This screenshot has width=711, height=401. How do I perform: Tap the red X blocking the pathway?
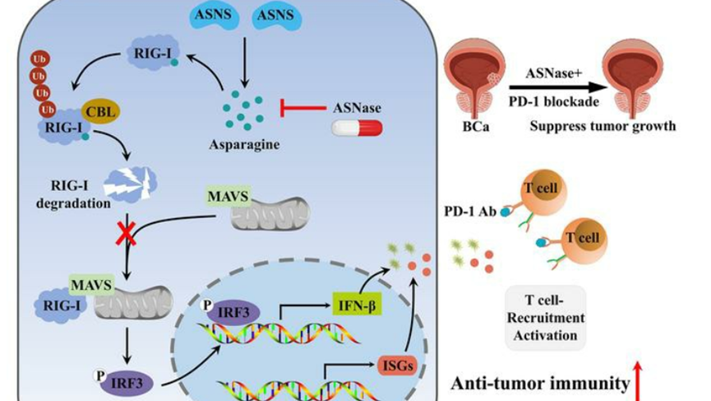coord(125,235)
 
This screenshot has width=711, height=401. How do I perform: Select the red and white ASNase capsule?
coord(357,128)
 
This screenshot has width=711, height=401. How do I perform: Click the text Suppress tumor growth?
coord(603,127)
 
